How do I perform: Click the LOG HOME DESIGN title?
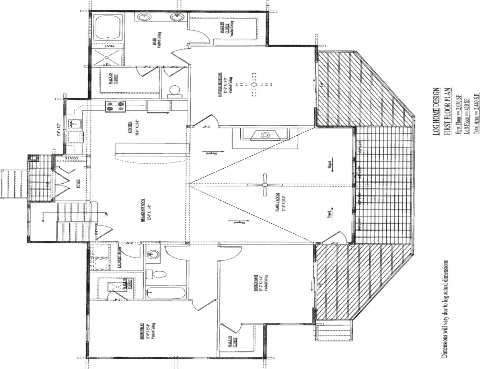[436, 111]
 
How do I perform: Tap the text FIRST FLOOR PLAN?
[448, 111]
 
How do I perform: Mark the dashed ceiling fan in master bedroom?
[253, 85]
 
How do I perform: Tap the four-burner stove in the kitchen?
[116, 106]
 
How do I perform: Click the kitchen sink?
[74, 124]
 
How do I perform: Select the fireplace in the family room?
[265, 135]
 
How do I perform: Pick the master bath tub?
[109, 27]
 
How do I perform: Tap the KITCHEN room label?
[131, 128]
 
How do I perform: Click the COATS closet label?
[72, 158]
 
